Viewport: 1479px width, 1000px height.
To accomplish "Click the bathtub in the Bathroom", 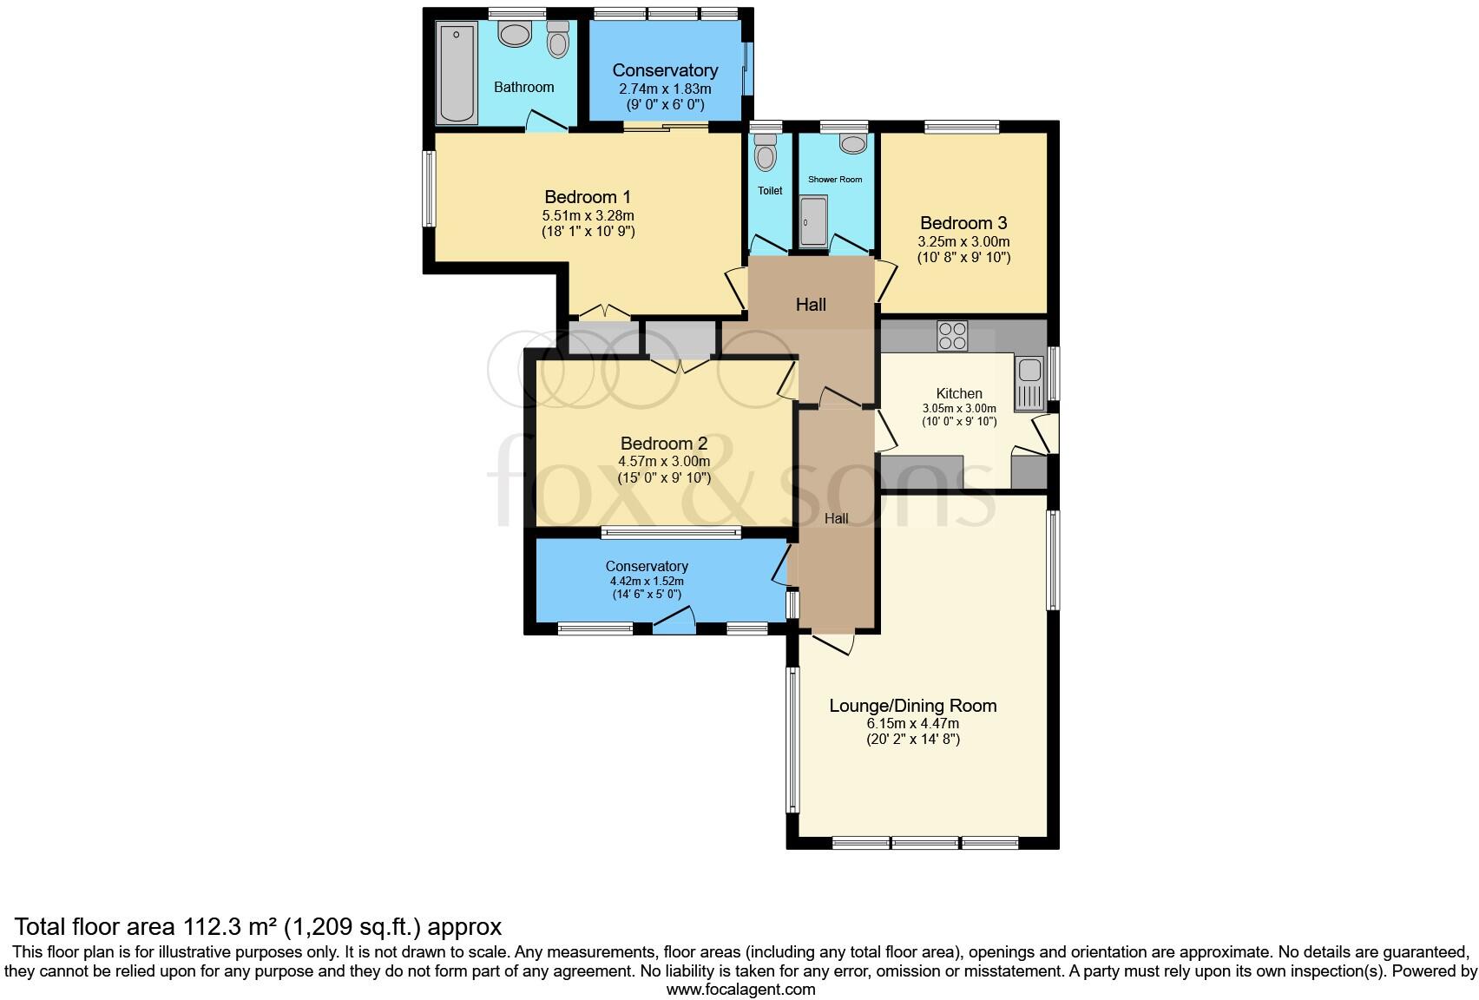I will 457,73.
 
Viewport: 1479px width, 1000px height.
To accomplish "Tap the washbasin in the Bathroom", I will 515,35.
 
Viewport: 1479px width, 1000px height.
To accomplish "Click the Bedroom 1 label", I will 588,197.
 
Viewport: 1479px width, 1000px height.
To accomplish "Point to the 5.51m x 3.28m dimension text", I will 588,215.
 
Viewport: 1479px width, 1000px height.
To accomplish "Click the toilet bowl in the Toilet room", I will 765,155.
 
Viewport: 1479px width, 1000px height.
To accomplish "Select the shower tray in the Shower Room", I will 813,221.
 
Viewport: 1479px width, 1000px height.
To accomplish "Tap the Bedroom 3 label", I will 963,223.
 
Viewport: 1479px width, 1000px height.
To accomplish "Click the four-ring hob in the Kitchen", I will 952,336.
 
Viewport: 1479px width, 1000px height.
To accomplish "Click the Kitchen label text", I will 959,393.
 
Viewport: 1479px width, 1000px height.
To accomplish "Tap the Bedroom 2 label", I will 664,444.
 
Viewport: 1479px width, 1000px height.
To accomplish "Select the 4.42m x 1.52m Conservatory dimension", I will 647,582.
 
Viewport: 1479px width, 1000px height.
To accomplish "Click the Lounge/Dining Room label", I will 912,706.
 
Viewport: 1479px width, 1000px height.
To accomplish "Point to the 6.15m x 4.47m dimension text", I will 912,723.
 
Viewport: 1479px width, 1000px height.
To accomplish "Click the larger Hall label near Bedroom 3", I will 811,305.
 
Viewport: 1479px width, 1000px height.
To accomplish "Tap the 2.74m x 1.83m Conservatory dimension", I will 665,89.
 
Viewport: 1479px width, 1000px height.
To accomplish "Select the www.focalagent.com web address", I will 740,989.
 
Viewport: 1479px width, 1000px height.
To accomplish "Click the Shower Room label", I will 835,180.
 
